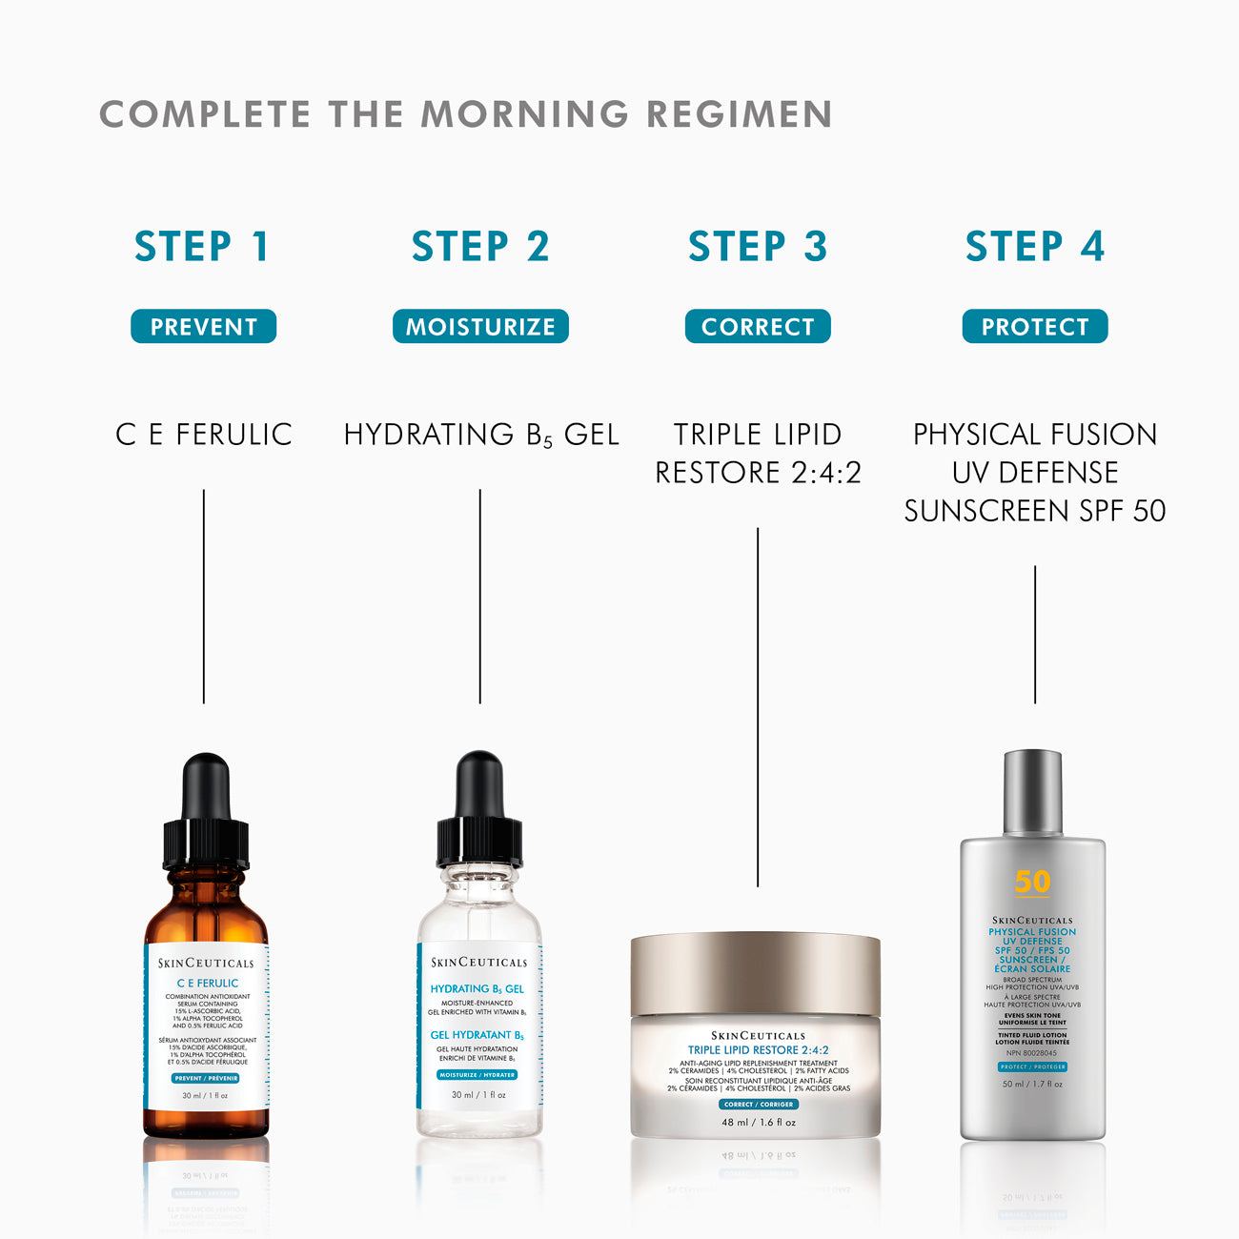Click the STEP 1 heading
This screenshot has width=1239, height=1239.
pos(202,247)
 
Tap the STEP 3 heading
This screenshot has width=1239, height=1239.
pos(758,247)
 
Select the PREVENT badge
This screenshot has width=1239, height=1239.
pos(203,327)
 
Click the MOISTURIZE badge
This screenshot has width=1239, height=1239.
pos(480,327)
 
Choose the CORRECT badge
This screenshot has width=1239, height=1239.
pos(758,327)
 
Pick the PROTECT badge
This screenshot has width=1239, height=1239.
pos(1035,327)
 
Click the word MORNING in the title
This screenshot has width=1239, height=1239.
pos(525,114)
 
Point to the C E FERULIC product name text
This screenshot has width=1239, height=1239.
pos(204,435)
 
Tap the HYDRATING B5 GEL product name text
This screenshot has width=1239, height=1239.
pos(481,435)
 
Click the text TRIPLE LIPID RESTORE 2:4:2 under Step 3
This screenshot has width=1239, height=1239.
pos(758,454)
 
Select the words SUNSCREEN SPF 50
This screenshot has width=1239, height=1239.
pos(1035,511)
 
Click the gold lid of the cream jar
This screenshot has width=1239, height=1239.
pos(756,972)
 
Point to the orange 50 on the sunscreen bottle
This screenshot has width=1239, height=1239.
pos(1032,882)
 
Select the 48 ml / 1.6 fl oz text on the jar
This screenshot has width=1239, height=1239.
pos(758,1123)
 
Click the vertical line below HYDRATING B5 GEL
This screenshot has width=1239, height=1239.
pos(479,596)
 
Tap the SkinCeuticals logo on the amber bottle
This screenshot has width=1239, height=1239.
pos(206,963)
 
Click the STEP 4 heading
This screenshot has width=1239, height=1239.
pos(1035,247)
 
